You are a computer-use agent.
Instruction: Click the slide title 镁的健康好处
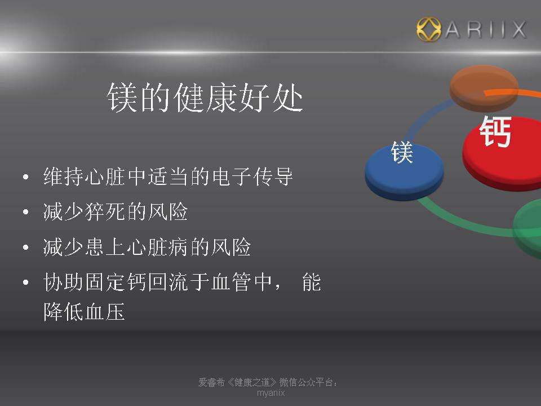(x=205, y=98)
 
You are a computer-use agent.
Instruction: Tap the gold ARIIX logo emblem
(x=428, y=29)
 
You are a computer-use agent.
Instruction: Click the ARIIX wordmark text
(x=486, y=29)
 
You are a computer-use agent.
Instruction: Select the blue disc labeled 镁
(x=404, y=171)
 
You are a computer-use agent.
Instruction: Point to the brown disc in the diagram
(x=484, y=88)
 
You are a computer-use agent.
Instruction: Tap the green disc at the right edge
(x=528, y=228)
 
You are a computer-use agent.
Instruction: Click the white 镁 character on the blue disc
(x=402, y=152)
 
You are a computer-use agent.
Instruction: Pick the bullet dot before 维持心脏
(x=25, y=177)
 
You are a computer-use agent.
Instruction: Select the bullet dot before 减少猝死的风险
(x=25, y=211)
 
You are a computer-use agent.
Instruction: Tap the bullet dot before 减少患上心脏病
(x=25, y=247)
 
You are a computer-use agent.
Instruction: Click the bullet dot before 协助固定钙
(x=25, y=283)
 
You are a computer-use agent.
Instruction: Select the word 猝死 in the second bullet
(x=105, y=211)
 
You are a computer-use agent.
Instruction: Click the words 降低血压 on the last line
(x=84, y=312)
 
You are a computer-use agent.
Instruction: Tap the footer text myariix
(x=270, y=393)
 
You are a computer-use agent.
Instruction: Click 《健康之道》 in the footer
(x=252, y=382)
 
